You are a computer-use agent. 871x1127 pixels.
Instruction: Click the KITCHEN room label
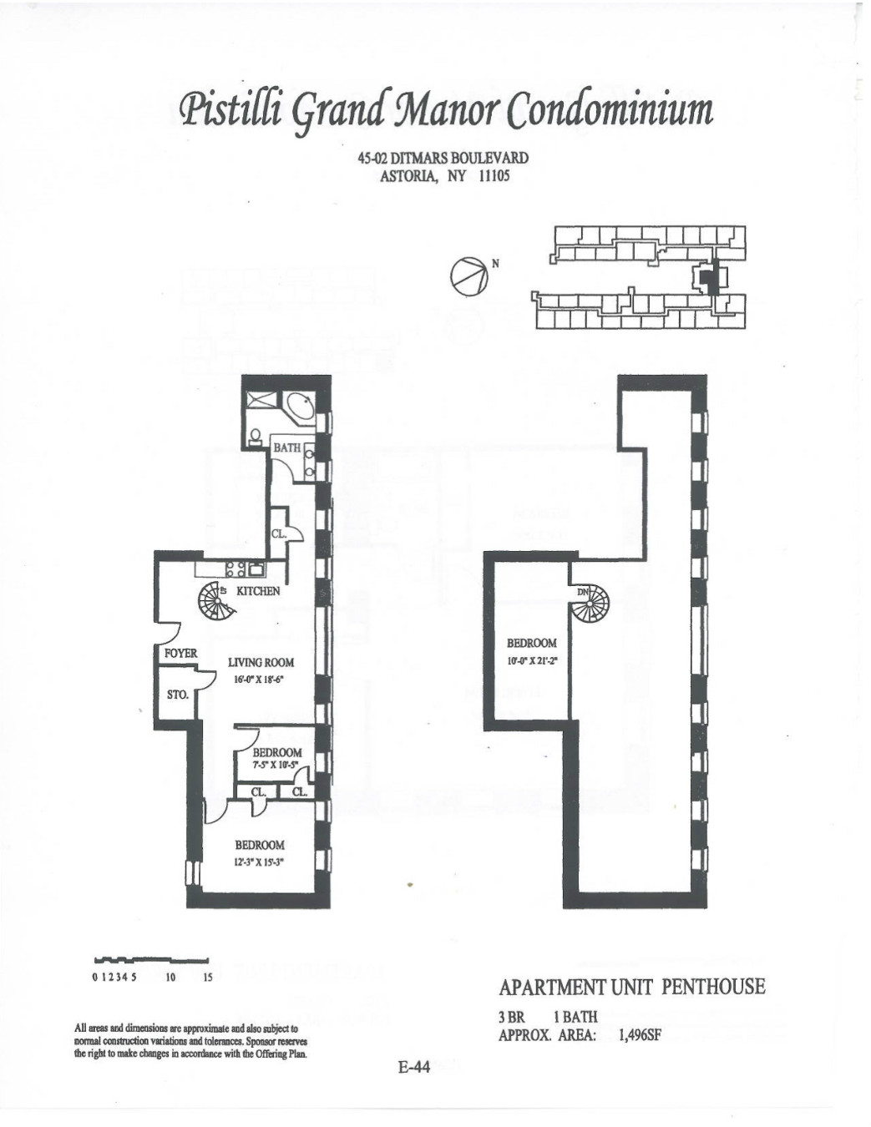258,591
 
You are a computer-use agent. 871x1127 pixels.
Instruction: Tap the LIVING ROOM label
261,663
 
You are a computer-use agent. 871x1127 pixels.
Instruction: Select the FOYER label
180,654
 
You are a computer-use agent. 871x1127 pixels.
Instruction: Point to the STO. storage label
177,695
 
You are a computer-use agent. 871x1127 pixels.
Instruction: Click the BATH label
286,448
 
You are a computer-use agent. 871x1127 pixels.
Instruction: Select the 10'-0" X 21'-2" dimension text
532,660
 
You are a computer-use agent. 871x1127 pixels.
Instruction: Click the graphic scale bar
151,959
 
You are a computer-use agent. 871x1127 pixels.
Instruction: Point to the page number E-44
413,1067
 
